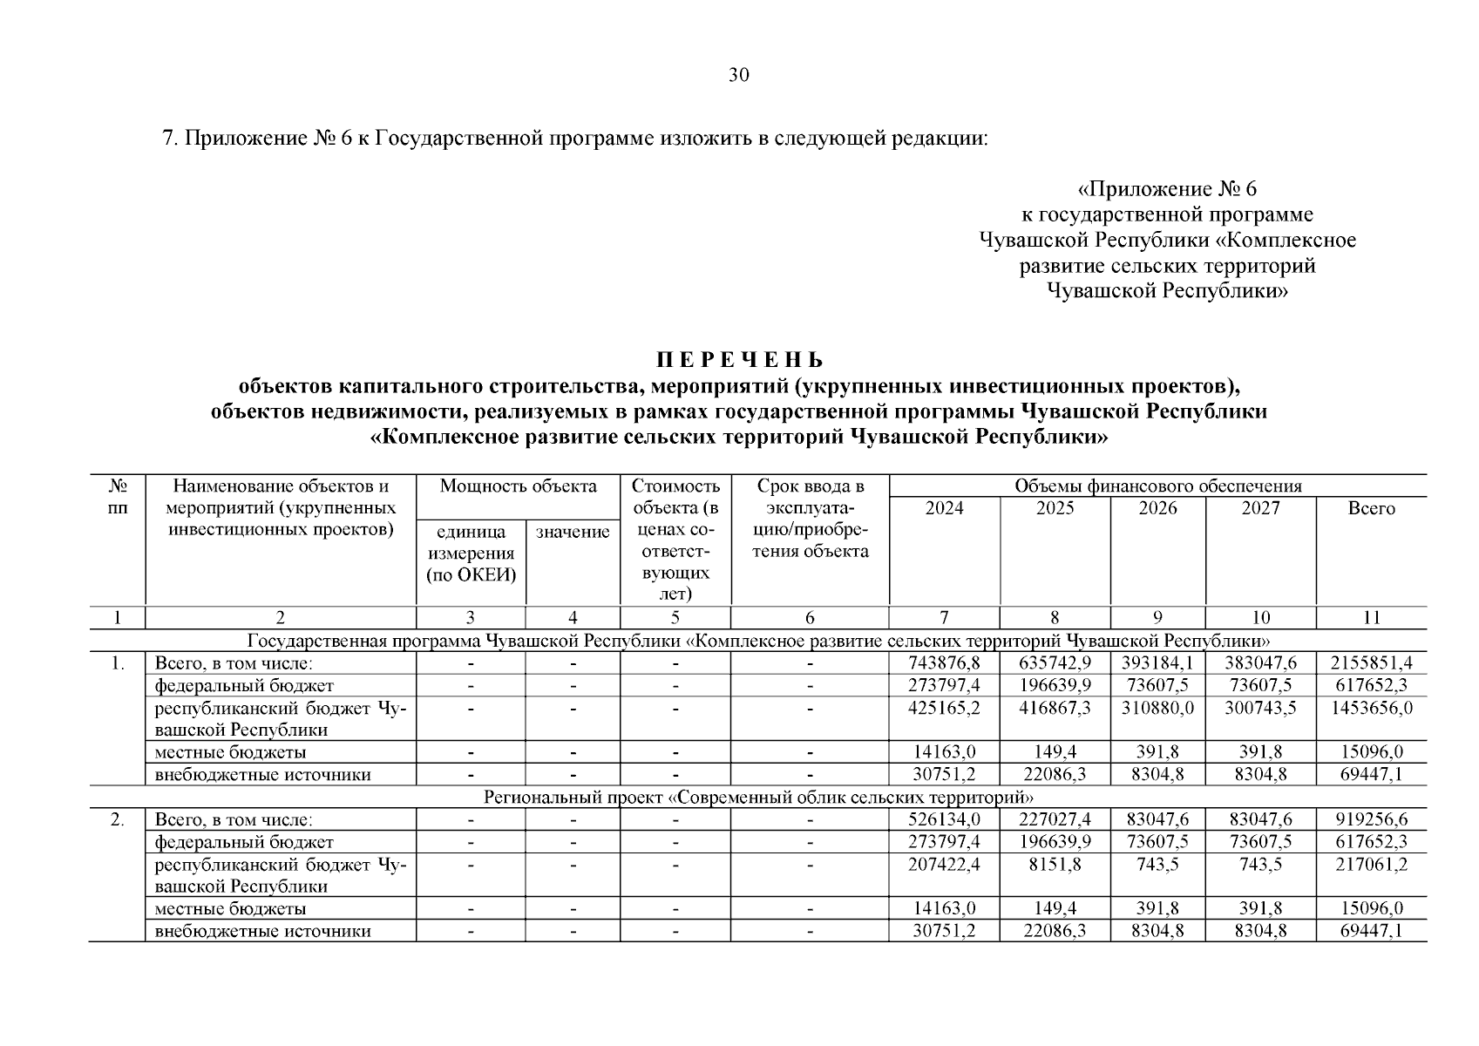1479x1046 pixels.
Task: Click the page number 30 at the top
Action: pos(738,75)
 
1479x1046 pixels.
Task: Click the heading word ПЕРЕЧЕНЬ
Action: pos(739,360)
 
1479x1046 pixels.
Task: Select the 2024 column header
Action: pos(944,508)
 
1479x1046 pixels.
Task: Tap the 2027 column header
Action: pos(1260,508)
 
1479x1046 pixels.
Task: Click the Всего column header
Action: pos(1371,508)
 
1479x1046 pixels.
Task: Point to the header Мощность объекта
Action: pos(518,486)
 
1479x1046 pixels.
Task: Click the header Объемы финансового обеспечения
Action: pos(1157,486)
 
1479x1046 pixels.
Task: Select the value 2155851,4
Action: pos(1371,663)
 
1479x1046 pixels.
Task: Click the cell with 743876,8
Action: pos(945,663)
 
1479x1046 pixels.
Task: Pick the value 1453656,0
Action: pos(1371,708)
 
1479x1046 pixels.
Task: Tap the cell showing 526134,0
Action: pos(945,819)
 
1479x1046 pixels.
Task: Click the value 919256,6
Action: pos(1371,819)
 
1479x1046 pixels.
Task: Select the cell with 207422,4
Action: pos(945,864)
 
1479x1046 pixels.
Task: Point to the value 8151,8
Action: pos(1055,864)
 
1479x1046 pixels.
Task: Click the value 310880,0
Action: pos(1158,708)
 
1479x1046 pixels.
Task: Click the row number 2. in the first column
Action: pos(117,819)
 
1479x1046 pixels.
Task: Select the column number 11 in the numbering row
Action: pos(1371,618)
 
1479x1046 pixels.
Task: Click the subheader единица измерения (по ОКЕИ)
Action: pos(471,554)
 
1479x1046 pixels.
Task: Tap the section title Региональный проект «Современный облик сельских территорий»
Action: pos(757,798)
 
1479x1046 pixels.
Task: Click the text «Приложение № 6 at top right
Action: pos(1168,189)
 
